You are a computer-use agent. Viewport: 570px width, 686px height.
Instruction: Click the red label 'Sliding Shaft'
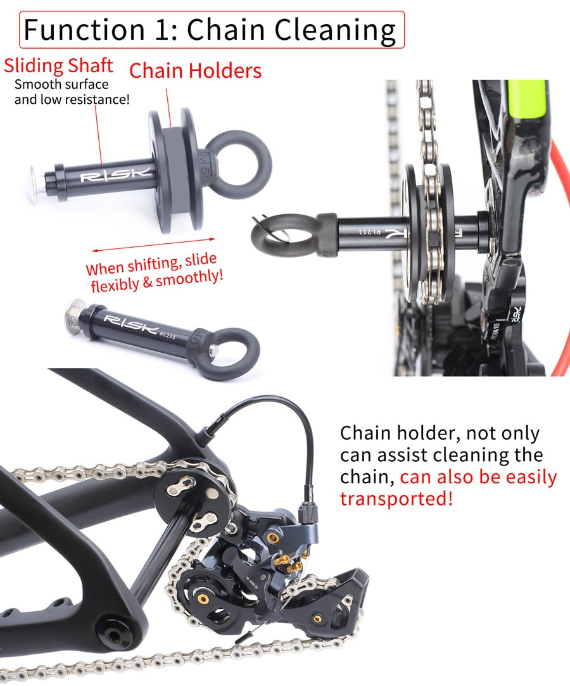coord(58,65)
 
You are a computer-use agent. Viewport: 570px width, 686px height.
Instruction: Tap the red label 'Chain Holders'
coord(195,70)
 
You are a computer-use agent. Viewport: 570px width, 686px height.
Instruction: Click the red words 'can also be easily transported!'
coord(448,488)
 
